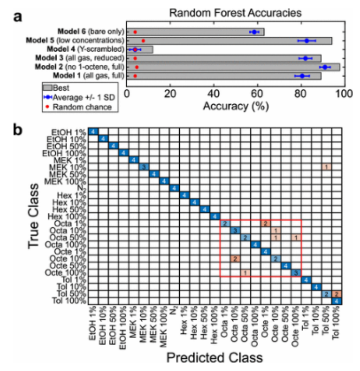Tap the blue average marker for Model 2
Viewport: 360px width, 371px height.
coord(325,67)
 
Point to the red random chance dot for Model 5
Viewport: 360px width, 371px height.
coord(143,41)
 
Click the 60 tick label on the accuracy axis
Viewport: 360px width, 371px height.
coord(257,93)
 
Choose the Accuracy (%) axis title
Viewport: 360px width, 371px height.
coord(236,107)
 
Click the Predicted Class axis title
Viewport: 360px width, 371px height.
coord(214,358)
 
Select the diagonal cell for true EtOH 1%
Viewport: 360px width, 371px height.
coord(93,132)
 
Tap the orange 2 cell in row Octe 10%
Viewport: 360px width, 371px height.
coord(234,259)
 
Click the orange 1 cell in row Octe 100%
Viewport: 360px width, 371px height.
coord(245,273)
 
